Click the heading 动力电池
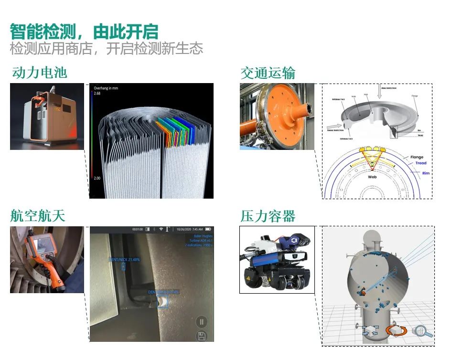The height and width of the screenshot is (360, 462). (x=39, y=73)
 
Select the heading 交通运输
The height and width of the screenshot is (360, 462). (x=268, y=73)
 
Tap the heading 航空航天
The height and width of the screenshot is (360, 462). (x=38, y=216)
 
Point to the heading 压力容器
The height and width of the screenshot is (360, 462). (x=268, y=216)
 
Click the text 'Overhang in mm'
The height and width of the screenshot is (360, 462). (x=106, y=88)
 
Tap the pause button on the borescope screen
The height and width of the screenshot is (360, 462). (x=201, y=321)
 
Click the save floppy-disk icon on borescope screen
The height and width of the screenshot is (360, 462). (x=201, y=336)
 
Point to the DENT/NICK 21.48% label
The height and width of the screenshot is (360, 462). (x=124, y=259)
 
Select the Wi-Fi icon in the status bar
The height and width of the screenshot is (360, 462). (x=161, y=229)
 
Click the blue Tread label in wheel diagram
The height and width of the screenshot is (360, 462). (x=420, y=163)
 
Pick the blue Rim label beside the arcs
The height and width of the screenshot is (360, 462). (x=426, y=173)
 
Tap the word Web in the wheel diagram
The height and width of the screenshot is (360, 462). (x=372, y=177)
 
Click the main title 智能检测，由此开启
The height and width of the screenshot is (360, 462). (x=84, y=32)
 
